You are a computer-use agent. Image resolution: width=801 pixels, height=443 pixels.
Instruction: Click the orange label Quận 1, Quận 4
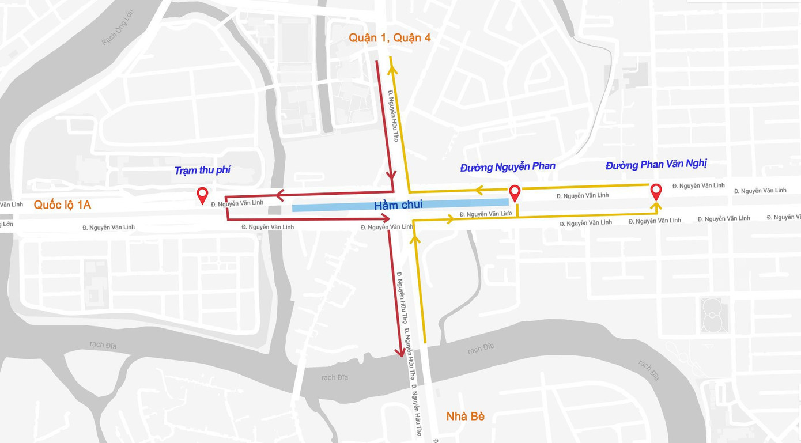390,38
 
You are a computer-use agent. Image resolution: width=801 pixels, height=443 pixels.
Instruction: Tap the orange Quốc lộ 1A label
62,205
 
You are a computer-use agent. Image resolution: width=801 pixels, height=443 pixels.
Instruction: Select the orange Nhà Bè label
465,417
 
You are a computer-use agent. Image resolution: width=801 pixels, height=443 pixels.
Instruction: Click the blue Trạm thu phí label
202,171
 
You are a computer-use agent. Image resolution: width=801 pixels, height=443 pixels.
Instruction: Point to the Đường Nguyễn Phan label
507,166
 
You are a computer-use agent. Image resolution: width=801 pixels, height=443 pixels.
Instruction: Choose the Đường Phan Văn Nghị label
656,164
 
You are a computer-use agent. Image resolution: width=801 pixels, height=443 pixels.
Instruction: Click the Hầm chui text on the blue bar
398,205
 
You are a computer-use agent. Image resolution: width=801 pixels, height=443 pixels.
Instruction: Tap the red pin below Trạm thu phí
202,195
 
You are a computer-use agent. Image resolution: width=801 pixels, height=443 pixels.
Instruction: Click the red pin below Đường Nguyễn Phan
515,192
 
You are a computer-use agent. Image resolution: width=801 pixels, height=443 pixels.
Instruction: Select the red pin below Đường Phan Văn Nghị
656,191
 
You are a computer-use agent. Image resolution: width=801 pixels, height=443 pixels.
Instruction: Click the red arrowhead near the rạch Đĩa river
400,352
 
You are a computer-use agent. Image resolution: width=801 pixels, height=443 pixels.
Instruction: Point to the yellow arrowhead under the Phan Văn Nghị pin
656,206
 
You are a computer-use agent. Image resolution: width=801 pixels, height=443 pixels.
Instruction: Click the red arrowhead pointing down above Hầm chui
391,174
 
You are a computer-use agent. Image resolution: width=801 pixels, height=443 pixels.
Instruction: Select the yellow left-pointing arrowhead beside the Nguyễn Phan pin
478,190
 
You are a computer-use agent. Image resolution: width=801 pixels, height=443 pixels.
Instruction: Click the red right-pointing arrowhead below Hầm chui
386,218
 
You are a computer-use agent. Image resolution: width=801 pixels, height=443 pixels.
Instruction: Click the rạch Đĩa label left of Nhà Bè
335,377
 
